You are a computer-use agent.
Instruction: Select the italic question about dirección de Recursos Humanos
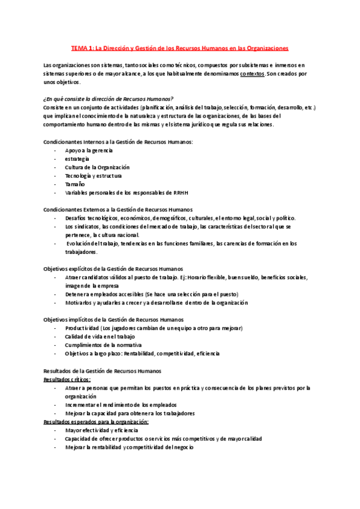point(108,98)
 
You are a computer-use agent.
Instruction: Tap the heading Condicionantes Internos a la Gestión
point(118,141)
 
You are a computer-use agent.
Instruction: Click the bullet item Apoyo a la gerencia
point(89,149)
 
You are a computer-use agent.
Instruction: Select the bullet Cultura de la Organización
point(97,167)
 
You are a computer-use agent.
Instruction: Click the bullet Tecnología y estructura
point(93,176)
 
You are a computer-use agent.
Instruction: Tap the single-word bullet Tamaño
point(75,184)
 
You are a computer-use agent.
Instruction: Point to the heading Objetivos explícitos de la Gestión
point(113,268)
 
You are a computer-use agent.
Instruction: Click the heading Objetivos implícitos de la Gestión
point(114,320)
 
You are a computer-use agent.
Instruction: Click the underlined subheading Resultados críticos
point(67,379)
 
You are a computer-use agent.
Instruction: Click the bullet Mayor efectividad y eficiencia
point(101,430)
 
